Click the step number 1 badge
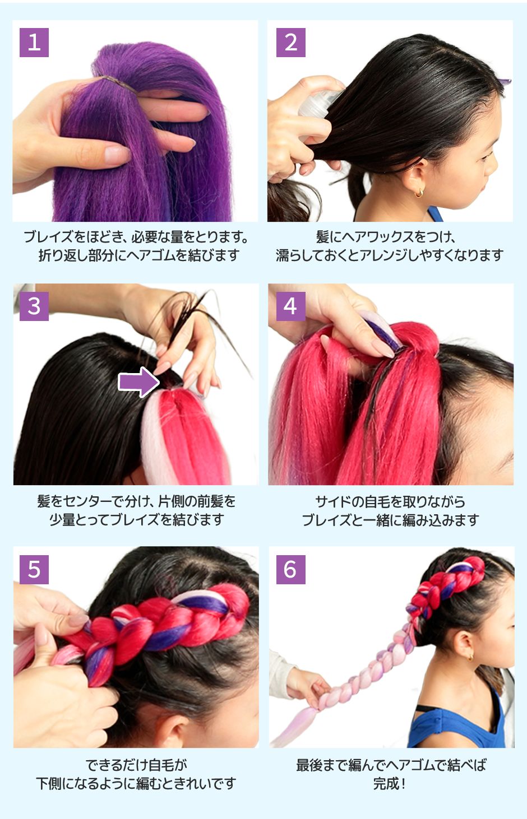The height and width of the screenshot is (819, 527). click(34, 43)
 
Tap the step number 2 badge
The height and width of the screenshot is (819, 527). click(290, 43)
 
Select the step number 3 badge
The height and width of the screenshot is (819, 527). click(34, 306)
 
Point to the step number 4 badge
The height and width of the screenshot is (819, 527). click(290, 306)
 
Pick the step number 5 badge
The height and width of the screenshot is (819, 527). click(34, 569)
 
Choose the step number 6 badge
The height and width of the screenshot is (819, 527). click(290, 569)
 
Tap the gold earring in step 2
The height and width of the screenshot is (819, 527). click(419, 193)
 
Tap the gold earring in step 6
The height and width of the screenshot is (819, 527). click(470, 656)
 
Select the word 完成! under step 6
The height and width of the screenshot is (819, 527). click(390, 783)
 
